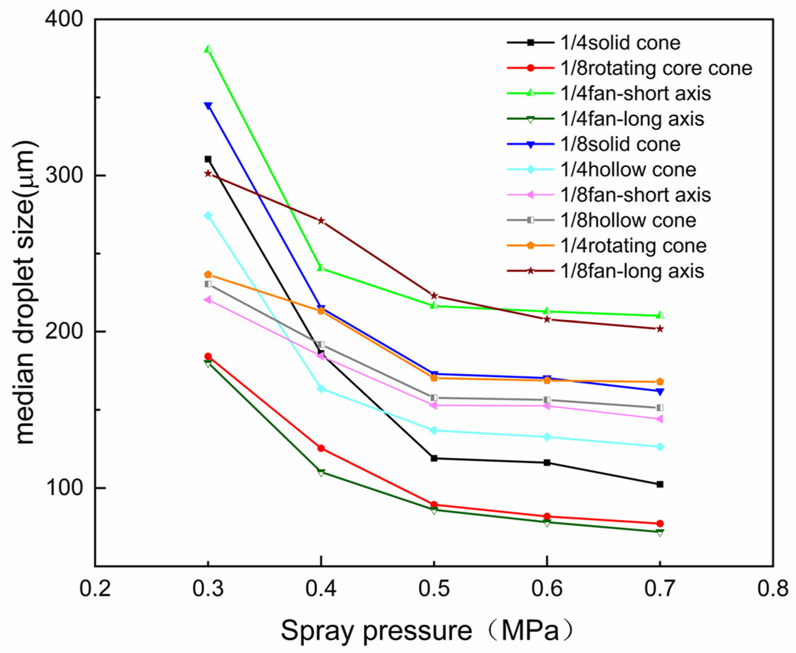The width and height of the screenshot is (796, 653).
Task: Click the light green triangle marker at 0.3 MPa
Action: tap(208, 49)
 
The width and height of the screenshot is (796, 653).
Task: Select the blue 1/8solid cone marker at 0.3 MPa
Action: tap(208, 106)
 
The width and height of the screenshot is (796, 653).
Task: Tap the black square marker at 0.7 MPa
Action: tap(660, 484)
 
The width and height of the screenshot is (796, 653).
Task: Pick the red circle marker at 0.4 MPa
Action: tap(321, 448)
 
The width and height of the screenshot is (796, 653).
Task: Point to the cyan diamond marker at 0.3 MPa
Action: tap(208, 216)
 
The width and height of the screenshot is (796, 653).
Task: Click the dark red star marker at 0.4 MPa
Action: tap(321, 221)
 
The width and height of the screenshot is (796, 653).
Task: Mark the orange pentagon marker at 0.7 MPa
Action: tap(660, 382)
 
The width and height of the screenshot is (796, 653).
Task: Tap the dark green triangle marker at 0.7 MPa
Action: tap(660, 532)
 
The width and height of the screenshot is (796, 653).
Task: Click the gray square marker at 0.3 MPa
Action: tap(208, 284)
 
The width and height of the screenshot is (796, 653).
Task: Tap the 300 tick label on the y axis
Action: tap(64, 176)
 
